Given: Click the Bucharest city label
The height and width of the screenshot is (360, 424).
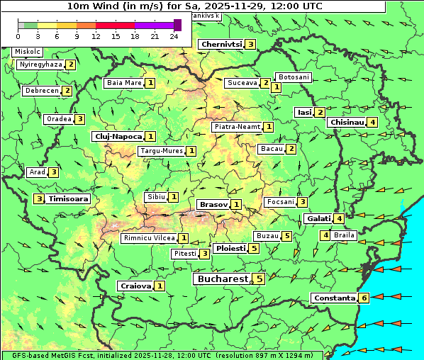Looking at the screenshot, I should coord(223,279).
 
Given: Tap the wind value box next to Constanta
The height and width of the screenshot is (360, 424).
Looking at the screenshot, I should coord(364,298).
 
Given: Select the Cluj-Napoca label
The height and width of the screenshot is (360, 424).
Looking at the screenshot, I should coord(117,136).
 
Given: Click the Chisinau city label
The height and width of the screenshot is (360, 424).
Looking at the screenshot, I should coord(347,122).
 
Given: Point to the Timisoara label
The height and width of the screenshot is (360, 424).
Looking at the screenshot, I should coord(69,199).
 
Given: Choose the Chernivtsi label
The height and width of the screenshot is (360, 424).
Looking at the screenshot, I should coord(221,44).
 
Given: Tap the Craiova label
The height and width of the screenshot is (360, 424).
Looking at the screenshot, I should coord(135,286).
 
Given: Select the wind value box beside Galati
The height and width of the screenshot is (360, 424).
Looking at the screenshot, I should coord(340,219).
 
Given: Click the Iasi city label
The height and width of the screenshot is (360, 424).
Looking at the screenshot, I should coord(304,112).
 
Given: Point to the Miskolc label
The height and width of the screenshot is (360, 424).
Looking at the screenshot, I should coord(28,52).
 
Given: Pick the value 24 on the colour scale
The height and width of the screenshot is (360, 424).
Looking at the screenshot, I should coord(174,36).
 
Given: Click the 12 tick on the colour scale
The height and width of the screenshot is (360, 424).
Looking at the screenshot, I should coord(96,36).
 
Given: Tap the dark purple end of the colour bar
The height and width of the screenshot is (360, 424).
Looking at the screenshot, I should coord(177,25).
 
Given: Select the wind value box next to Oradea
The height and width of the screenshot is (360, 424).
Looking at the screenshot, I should coord(80,119).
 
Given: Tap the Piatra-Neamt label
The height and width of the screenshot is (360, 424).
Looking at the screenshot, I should coord(237,127).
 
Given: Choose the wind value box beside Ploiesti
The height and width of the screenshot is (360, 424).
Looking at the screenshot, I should coord(254,249).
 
